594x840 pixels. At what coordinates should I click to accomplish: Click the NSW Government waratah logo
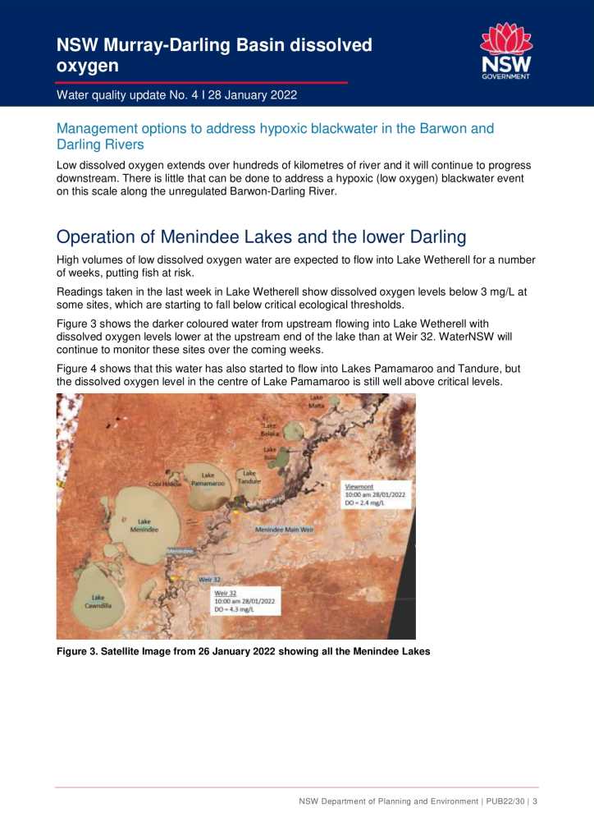(x=505, y=51)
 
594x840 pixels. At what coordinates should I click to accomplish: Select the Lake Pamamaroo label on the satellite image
(x=208, y=480)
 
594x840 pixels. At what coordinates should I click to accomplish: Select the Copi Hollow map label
(x=165, y=484)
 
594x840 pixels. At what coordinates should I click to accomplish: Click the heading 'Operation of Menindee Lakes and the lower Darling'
(x=261, y=237)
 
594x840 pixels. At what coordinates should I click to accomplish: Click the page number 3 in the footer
(x=535, y=801)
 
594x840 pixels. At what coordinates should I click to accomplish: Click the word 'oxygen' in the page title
(x=88, y=65)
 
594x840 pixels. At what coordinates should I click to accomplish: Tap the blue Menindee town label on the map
(x=180, y=551)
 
